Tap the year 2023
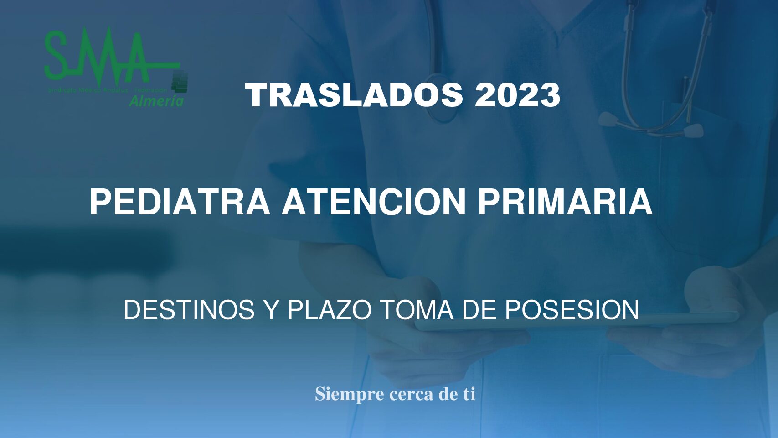[x=517, y=95]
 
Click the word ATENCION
[x=374, y=202]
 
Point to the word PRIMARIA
[x=565, y=202]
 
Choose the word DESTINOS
[x=189, y=310]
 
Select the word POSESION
[x=572, y=310]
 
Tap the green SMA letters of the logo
[x=98, y=55]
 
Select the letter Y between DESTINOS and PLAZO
[x=271, y=310]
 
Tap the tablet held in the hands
[x=574, y=322]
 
